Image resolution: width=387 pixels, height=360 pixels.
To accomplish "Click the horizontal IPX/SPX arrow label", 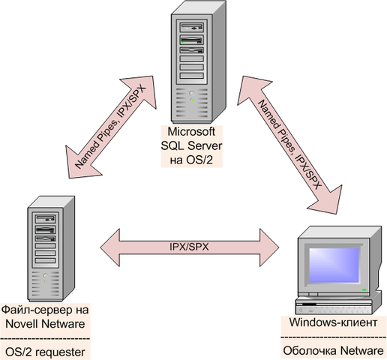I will pos(189,246).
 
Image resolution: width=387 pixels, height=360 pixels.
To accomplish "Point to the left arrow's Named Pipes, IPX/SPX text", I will pos(113,127).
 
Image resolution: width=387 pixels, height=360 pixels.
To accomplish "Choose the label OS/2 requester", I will pos(49,349).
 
